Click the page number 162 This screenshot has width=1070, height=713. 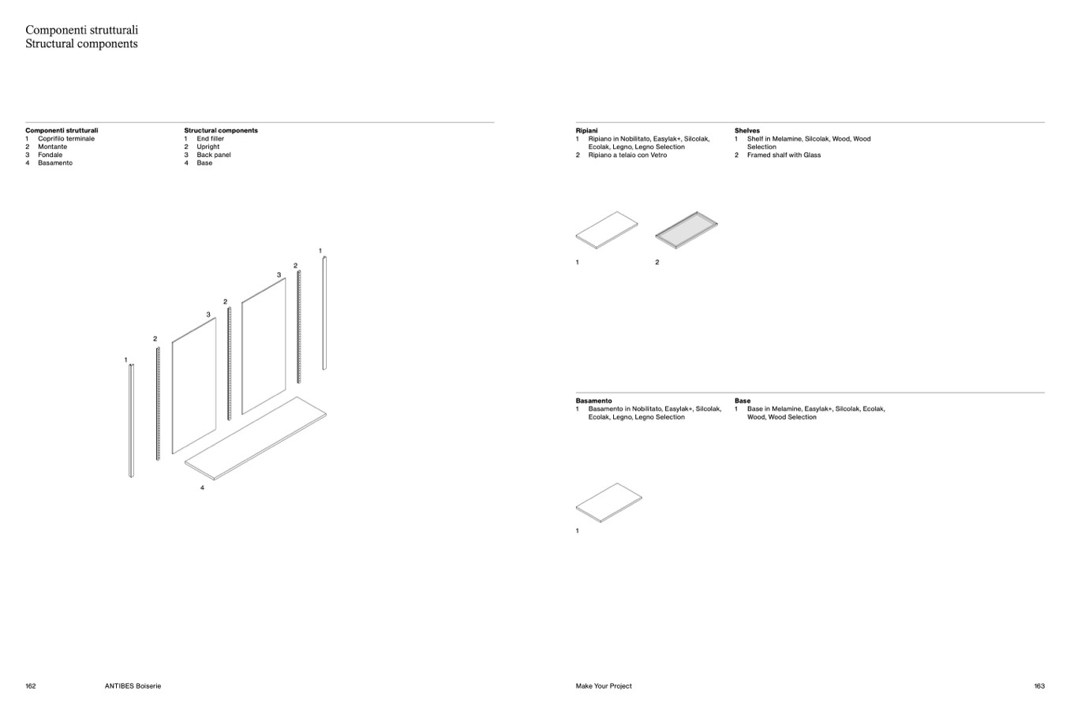tap(31, 686)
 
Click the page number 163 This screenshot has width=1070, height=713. tap(1039, 686)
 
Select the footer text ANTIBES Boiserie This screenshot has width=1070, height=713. tap(133, 686)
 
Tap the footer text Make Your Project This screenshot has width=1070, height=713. tap(604, 686)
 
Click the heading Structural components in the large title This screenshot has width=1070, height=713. tap(81, 44)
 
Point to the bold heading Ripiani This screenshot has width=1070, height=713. tap(586, 130)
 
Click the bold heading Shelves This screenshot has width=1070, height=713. tap(746, 130)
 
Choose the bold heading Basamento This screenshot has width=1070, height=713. tap(593, 401)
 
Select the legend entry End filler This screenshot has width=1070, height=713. tap(210, 139)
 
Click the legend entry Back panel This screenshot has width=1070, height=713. tap(214, 155)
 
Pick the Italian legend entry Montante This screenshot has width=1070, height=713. tap(52, 147)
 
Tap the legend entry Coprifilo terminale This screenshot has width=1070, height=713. tap(66, 139)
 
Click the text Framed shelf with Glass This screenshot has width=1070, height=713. tap(784, 155)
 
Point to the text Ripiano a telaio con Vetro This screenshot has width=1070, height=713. tap(627, 155)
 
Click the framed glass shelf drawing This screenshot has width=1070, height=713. tap(686, 230)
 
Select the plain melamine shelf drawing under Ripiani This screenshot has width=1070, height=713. tap(606, 230)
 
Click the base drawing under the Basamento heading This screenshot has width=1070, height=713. tap(608, 502)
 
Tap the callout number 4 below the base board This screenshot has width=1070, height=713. tap(202, 488)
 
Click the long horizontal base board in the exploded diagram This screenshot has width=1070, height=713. tap(256, 438)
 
